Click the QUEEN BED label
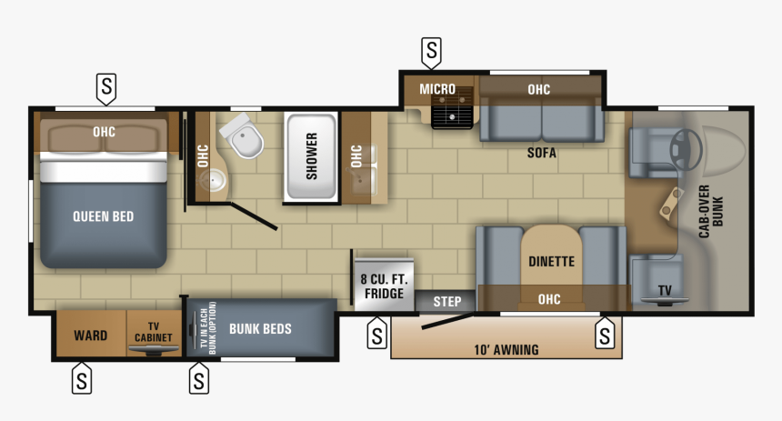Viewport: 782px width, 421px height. (104, 216)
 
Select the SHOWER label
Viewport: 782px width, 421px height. (311, 156)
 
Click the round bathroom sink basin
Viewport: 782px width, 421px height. (215, 180)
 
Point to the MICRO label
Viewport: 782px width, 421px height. (437, 89)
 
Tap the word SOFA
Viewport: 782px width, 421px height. (542, 153)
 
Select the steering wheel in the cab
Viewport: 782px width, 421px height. (686, 149)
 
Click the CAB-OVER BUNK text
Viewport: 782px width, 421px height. (711, 212)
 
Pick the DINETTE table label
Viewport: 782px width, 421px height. (552, 261)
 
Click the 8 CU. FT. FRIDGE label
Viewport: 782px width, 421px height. (384, 286)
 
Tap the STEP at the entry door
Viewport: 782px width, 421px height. (446, 302)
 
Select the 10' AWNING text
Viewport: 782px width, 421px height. (506, 350)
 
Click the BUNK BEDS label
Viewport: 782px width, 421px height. (260, 329)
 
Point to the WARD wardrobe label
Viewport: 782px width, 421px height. (91, 336)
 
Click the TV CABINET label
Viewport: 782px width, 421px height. (154, 332)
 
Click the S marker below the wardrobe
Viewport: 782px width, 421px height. (82, 378)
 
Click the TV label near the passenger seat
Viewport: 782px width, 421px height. (665, 291)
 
